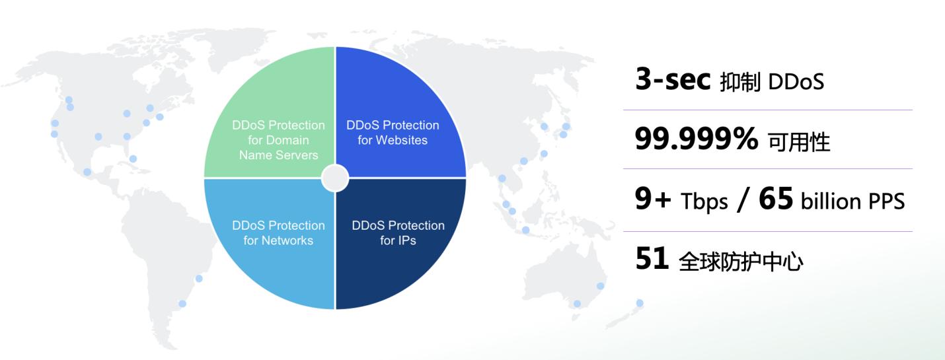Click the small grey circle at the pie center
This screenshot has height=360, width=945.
click(x=335, y=178)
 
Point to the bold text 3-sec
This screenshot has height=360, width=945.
click(x=673, y=79)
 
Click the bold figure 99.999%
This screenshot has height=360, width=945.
click(x=696, y=138)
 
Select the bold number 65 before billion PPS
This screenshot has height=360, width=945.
click(x=776, y=199)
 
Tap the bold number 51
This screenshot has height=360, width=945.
click(x=652, y=258)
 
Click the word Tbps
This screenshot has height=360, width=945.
click(x=704, y=201)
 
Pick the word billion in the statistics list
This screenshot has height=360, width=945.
click(x=831, y=201)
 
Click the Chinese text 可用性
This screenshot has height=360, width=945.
click(x=799, y=141)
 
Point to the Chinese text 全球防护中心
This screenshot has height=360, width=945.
click(x=741, y=262)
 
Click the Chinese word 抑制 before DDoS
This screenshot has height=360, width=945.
click(x=740, y=82)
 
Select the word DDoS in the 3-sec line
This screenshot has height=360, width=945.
click(x=796, y=82)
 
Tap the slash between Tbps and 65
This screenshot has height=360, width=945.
click(x=743, y=199)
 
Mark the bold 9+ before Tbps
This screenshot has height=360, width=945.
click(x=653, y=199)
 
